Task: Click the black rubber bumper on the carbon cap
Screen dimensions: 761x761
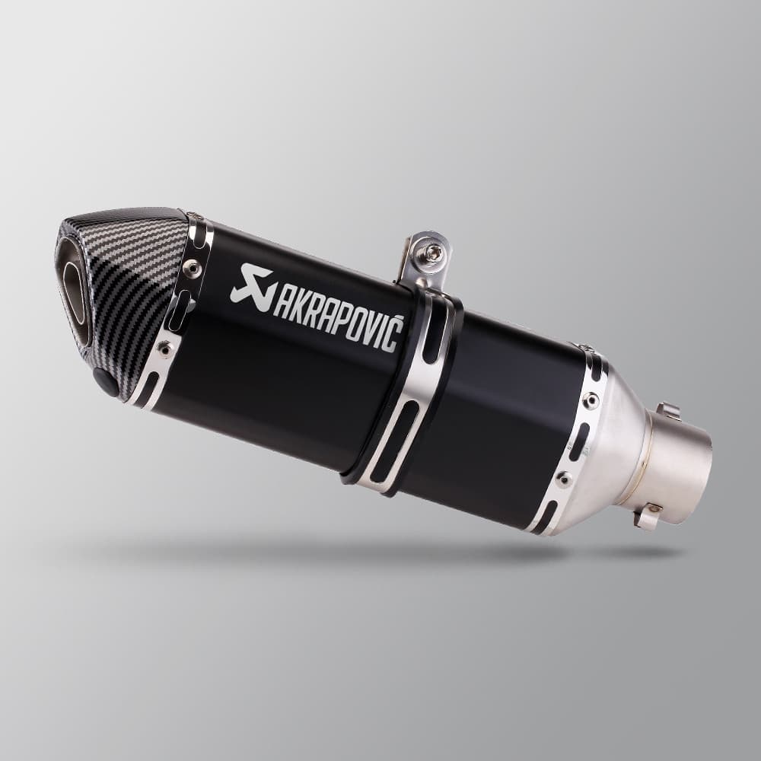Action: pyautogui.click(x=106, y=380)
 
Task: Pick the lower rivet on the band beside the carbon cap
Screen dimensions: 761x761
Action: pyautogui.click(x=164, y=349)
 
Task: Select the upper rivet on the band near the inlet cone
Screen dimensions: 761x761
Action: pyautogui.click(x=591, y=400)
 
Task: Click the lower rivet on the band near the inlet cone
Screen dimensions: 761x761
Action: pyautogui.click(x=564, y=479)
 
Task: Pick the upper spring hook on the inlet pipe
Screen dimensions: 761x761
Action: pyautogui.click(x=667, y=411)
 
